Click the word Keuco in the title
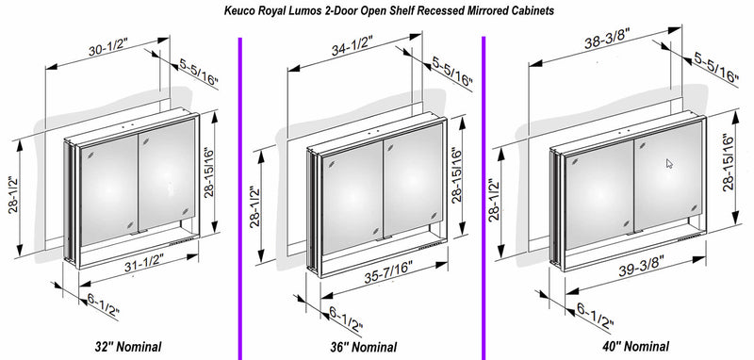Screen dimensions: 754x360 [238, 10]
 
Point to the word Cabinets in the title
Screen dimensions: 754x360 [534, 10]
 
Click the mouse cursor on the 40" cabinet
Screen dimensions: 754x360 [669, 163]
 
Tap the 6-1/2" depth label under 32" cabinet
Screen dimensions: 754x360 [103, 306]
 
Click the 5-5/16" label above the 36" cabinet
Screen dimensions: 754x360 [452, 72]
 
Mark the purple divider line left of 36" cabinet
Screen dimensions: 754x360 [240, 198]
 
